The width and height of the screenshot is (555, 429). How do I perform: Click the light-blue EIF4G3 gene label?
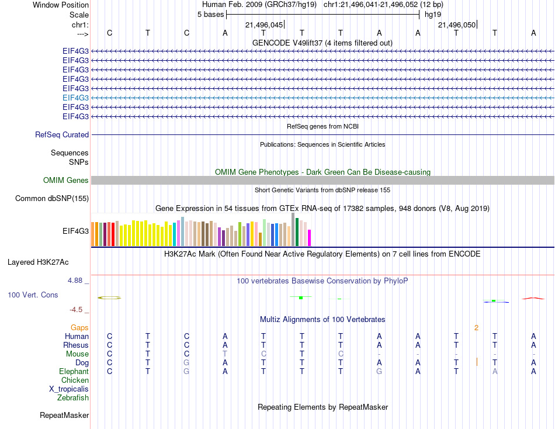click(x=75, y=98)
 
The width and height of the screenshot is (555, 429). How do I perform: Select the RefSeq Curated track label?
click(x=62, y=134)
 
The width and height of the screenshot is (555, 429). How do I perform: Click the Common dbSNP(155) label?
click(x=52, y=199)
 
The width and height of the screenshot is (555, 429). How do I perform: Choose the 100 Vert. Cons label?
click(x=33, y=295)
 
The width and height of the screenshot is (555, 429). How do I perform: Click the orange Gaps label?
click(x=79, y=328)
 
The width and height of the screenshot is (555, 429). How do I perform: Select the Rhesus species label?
click(x=76, y=345)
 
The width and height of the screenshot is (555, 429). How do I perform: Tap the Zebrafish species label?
click(x=73, y=398)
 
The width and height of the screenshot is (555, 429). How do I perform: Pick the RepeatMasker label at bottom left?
click(x=64, y=416)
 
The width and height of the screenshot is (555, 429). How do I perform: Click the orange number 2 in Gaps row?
click(x=477, y=328)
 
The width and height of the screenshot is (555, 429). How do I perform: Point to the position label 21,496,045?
click(x=264, y=25)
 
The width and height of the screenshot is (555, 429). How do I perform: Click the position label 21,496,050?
click(x=457, y=25)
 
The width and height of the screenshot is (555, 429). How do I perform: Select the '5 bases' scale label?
click(x=210, y=14)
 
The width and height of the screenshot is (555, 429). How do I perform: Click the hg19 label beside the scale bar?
click(x=433, y=14)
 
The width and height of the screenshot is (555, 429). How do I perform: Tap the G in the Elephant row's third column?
click(x=186, y=372)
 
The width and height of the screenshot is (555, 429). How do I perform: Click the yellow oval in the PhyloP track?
click(x=109, y=298)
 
